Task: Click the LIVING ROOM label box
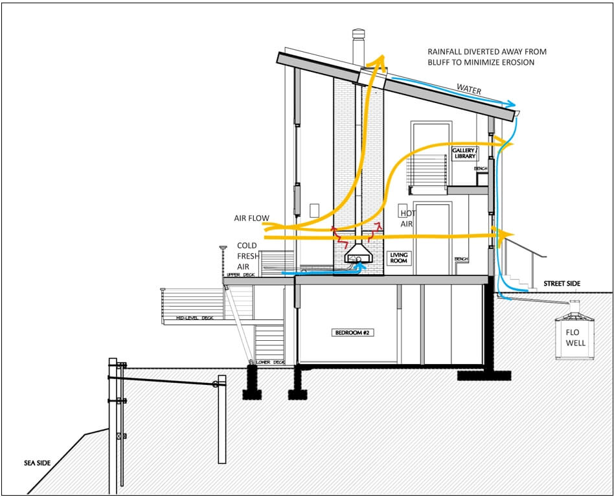[398, 259]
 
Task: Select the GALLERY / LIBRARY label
[464, 153]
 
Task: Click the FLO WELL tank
[573, 337]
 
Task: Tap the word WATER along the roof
[468, 90]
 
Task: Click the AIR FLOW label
[251, 218]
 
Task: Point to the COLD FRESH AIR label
[247, 256]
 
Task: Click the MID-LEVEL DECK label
[194, 318]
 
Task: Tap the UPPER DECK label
[239, 275]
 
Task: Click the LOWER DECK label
[270, 362]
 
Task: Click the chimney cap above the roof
[359, 34]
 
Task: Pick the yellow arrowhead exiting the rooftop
[375, 62]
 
